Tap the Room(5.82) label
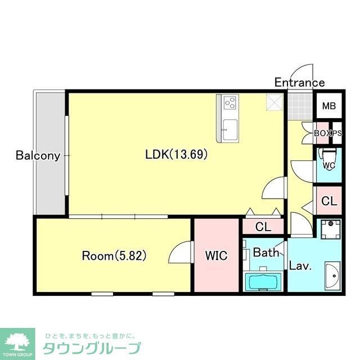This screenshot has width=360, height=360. [114, 256]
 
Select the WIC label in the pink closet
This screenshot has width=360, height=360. [215, 256]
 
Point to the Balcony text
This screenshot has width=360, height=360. [38, 155]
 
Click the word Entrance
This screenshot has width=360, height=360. [299, 83]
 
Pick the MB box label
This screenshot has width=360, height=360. [329, 106]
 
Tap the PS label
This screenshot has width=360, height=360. [336, 133]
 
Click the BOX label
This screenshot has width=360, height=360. [322, 133]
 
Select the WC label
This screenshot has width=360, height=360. [328, 165]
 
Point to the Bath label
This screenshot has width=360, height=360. [265, 253]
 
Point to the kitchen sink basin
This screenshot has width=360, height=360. [228, 125]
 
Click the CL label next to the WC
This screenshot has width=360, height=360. [329, 201]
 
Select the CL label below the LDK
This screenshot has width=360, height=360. [262, 227]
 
